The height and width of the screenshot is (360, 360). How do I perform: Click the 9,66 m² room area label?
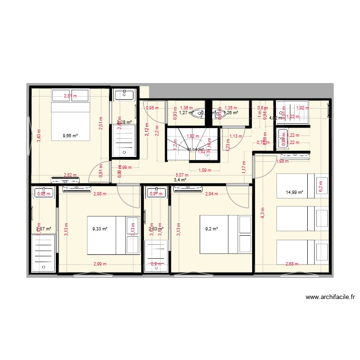[70, 135]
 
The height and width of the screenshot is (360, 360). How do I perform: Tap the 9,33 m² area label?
[100, 229]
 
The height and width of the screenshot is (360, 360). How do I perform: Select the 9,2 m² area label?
[211, 229]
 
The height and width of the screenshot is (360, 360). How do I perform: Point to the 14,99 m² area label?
[294, 192]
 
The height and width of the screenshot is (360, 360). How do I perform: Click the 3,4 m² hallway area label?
[180, 180]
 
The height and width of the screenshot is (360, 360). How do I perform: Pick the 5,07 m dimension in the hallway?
[182, 175]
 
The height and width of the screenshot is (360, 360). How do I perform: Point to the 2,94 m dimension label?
[212, 194]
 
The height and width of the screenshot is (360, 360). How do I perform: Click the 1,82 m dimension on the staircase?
[193, 136]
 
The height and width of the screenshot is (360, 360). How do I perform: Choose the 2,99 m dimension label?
[100, 264]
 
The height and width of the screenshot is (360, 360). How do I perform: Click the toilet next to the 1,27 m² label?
[198, 114]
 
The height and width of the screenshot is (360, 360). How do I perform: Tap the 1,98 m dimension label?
[282, 161]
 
